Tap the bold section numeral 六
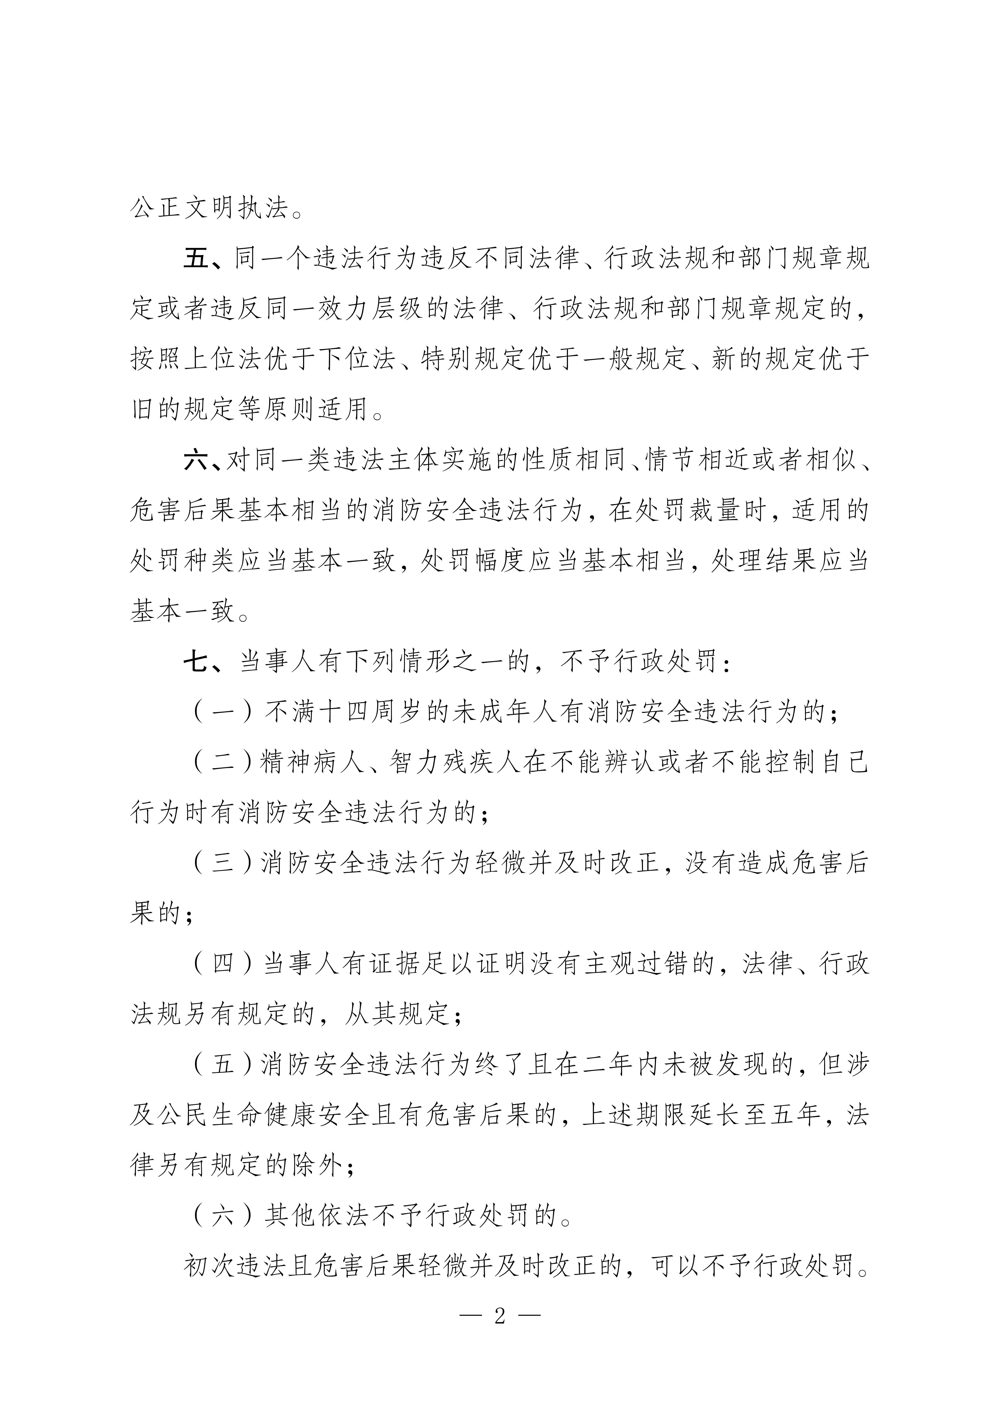click(197, 461)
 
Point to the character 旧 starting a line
click(143, 410)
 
